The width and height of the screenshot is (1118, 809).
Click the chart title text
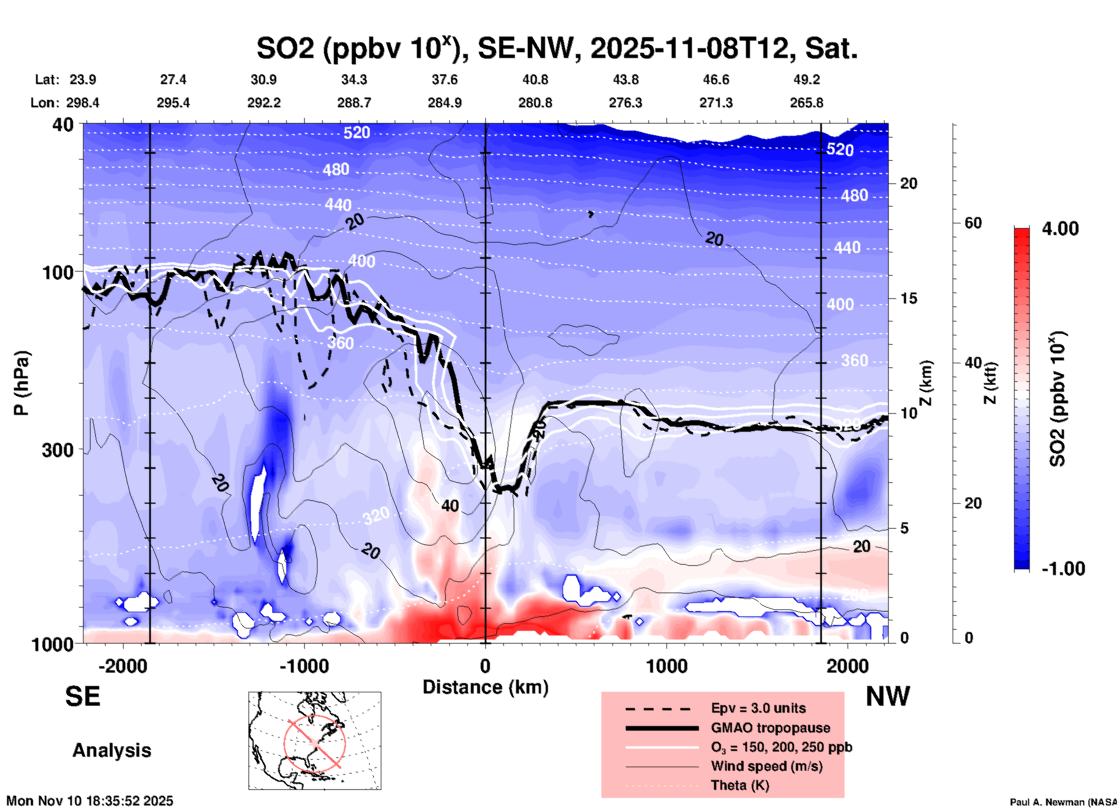(x=557, y=49)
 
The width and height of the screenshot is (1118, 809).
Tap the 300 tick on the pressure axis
(x=57, y=450)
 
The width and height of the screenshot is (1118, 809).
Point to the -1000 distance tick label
(x=303, y=666)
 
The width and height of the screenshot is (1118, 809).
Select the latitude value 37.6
(x=445, y=80)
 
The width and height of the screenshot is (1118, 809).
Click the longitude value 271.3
(x=716, y=103)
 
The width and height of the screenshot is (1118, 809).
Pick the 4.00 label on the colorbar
(x=1060, y=229)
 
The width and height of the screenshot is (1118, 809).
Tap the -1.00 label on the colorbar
(x=1063, y=568)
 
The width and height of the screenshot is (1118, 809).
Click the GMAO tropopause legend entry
(x=770, y=728)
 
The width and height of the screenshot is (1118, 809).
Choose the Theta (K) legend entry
(x=740, y=785)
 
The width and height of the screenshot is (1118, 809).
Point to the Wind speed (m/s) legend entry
(x=766, y=766)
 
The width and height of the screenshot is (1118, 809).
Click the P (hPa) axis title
(x=21, y=383)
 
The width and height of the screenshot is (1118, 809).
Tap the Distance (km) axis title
(x=485, y=687)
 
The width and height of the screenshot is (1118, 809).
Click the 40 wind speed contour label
(x=450, y=506)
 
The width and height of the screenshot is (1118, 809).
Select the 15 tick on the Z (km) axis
(x=908, y=298)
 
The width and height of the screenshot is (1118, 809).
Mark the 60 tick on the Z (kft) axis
(x=973, y=223)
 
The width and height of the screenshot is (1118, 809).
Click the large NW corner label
(x=888, y=696)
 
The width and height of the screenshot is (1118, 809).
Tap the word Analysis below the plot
(x=111, y=750)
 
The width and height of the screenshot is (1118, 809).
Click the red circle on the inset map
(x=315, y=743)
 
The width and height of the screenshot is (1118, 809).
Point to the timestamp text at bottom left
(x=90, y=801)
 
